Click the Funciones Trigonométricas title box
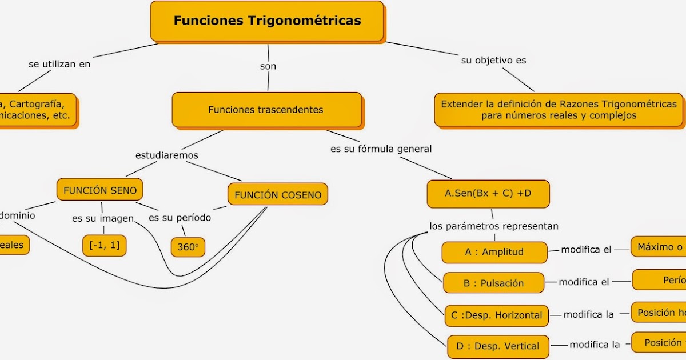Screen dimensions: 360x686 267,21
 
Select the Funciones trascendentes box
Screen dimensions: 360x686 266,110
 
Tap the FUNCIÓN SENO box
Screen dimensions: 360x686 100,190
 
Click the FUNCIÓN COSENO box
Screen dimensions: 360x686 278,195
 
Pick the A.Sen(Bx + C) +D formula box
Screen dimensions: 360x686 488,193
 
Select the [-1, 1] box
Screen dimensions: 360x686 104,245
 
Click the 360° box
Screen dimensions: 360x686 188,247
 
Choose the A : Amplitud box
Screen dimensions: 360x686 494,252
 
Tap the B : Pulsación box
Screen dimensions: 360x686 494,283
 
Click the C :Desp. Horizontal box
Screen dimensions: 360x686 496,315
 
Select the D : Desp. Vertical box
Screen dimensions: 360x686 498,346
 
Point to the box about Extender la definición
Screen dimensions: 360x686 559,110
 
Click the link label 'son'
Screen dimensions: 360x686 268,66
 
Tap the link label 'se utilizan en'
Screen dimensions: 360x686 59,64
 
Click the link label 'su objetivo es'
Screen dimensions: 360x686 493,60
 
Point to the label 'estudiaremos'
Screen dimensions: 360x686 167,155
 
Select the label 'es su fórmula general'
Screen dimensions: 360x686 381,149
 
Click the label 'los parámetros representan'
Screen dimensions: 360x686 494,226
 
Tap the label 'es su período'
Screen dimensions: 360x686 180,218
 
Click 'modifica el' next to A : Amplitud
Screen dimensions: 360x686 586,250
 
